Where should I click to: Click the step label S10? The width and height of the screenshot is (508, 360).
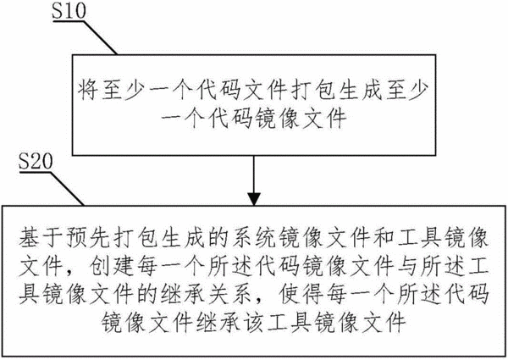pyautogui.click(x=69, y=9)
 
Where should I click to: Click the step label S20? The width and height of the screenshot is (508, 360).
pyautogui.click(x=36, y=161)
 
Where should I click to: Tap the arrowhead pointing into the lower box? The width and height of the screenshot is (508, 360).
pyautogui.click(x=254, y=199)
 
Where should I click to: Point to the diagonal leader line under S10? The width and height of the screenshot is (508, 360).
pyautogui.click(x=101, y=38)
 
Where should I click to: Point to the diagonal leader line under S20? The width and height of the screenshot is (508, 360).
pyautogui.click(x=68, y=189)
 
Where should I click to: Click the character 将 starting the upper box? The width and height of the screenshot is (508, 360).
pyautogui.click(x=88, y=89)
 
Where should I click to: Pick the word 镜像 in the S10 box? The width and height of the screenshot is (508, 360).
pyautogui.click(x=278, y=118)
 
